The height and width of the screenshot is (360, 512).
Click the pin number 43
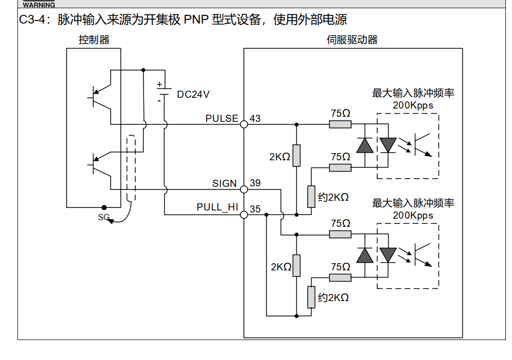(255, 118)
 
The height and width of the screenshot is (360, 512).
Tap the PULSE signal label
(221, 118)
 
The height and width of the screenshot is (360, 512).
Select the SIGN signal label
(224, 183)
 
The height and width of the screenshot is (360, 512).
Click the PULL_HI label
(217, 207)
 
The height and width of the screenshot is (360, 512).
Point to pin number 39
(255, 183)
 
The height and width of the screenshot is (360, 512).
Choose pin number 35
(255, 209)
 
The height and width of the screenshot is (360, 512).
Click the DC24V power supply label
(193, 95)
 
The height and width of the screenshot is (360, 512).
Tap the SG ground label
(104, 217)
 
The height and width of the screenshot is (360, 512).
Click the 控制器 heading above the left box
(94, 39)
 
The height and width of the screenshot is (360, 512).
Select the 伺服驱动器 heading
(352, 39)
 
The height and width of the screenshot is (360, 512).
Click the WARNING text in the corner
(39, 5)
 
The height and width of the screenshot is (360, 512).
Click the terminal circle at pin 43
(244, 124)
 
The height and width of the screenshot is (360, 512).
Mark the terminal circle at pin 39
(244, 189)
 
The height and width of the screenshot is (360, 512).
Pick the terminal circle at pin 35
(244, 215)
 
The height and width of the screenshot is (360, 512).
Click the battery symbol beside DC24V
(163, 92)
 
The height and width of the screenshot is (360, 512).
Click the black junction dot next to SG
(104, 207)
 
